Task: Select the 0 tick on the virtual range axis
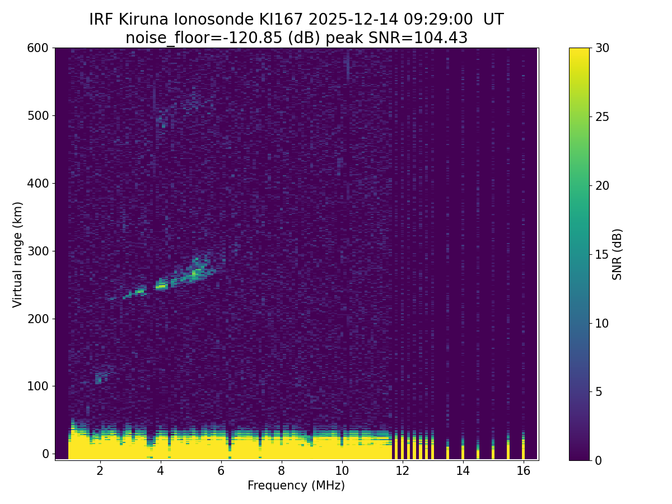tap(46, 454)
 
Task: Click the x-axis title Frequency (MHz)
tap(296, 486)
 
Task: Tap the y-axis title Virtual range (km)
tap(18, 254)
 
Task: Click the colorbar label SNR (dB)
tap(617, 254)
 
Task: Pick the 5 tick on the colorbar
tap(598, 391)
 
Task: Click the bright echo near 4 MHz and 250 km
tap(161, 286)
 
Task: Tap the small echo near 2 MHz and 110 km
tap(99, 379)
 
